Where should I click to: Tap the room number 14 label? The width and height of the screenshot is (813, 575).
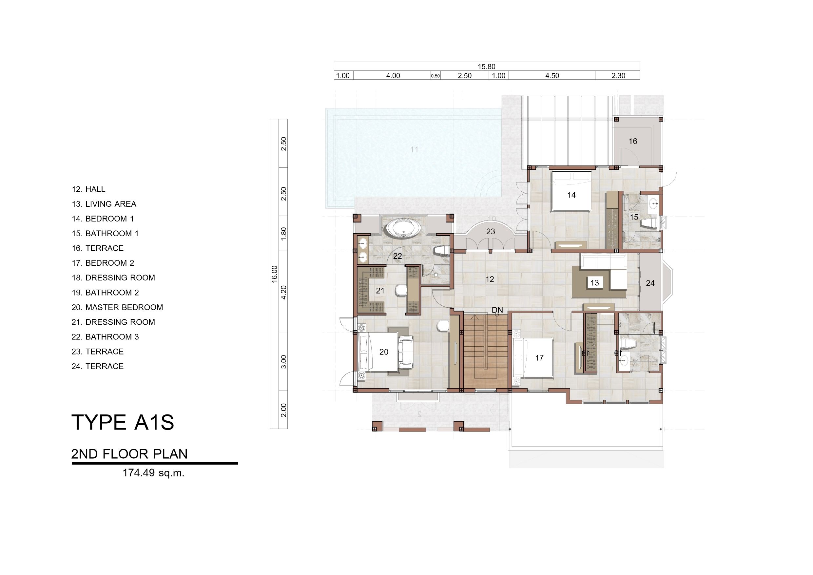coord(571,195)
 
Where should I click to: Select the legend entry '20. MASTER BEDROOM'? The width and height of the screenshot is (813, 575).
coord(117,307)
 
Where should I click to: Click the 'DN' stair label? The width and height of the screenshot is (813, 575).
coord(497,310)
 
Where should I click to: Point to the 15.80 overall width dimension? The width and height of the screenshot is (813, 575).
coord(487,67)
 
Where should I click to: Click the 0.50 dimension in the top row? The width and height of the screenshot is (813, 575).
coord(435,76)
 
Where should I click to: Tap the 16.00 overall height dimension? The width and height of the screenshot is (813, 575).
coord(274,274)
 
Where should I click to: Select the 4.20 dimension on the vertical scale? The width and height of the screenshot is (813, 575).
coord(283,293)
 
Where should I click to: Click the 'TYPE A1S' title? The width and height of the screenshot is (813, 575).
coord(123,422)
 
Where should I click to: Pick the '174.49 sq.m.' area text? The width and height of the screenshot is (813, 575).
coord(153,473)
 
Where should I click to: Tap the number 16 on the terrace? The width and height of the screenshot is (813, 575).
coord(633,141)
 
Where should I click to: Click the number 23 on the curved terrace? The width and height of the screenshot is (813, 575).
coord(491,232)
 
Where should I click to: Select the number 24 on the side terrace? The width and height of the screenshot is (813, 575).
coord(650,283)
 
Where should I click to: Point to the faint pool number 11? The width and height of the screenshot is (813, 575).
coord(414,149)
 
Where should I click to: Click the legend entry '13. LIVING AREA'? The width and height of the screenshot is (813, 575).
coord(104,204)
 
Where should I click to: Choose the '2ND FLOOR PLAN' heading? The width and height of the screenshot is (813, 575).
coord(129,454)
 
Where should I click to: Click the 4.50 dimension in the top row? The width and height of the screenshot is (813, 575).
coord(552,76)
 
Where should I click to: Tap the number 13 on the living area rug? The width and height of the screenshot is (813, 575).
coord(594,282)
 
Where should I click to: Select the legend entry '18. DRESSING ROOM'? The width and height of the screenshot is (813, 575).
coord(113,278)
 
